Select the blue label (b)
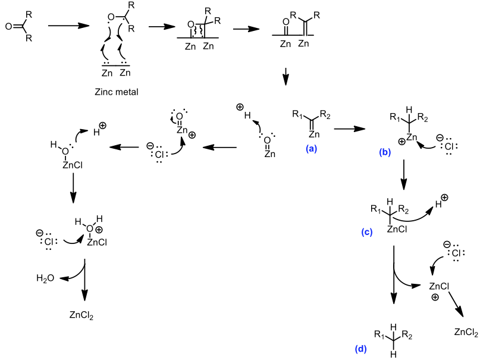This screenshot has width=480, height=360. coord(385,152)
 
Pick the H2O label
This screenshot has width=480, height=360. coord(45,279)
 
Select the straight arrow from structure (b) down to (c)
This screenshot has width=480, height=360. coord(404,176)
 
